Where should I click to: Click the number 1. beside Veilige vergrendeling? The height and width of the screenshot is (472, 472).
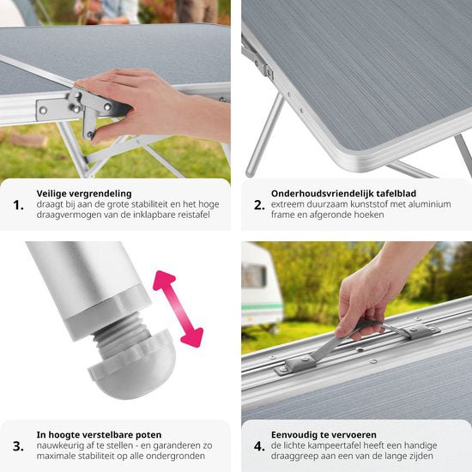click(18, 205)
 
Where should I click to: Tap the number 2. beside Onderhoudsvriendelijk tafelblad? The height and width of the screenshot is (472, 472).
click(259, 205)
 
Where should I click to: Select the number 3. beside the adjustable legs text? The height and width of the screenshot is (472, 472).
click(18, 446)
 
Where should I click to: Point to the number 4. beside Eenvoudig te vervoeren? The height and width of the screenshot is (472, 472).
click(259, 446)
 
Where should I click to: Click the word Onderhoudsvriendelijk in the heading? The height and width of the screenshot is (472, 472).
click(319, 194)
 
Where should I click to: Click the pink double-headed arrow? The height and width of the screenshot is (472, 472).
click(179, 309)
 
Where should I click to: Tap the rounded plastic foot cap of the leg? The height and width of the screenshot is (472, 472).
click(132, 366)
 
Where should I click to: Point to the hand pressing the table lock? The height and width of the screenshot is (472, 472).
click(150, 104)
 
